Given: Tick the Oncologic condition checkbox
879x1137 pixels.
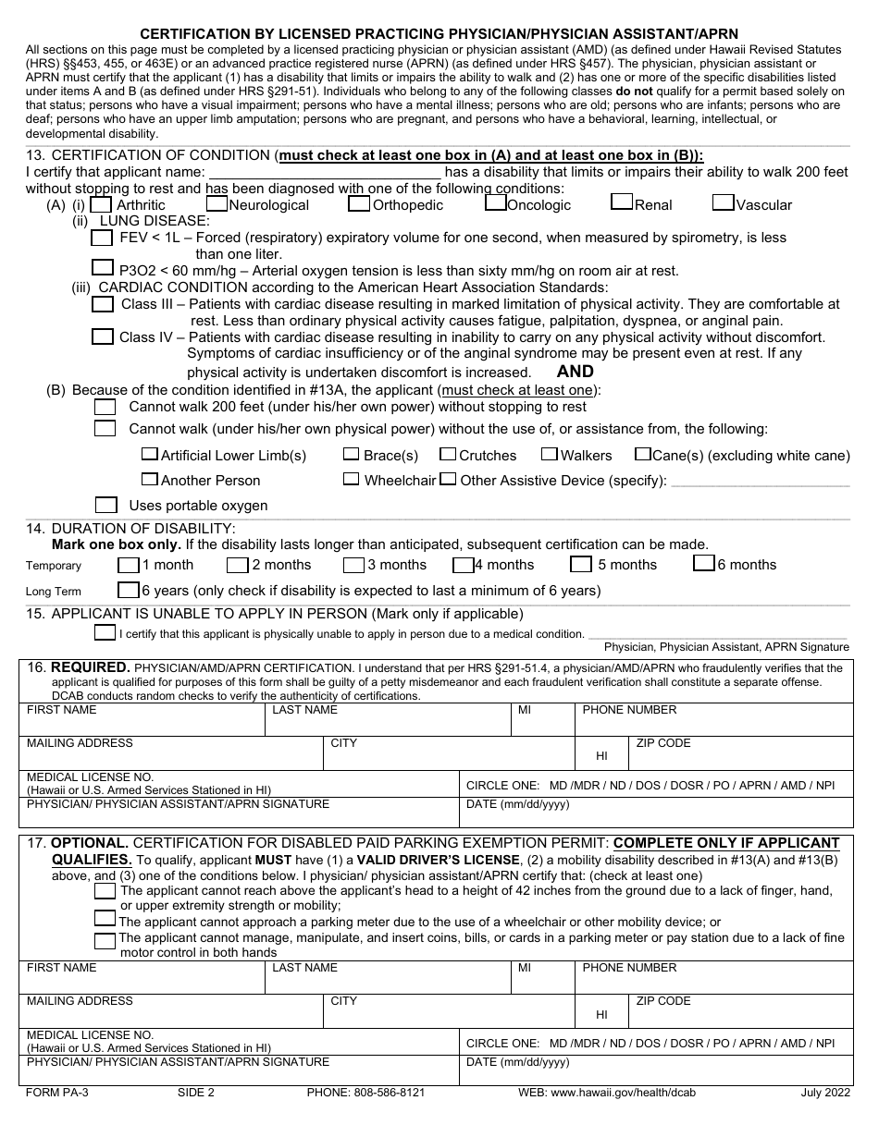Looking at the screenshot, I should click(x=496, y=202).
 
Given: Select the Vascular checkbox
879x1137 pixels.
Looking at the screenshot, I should click(x=724, y=202).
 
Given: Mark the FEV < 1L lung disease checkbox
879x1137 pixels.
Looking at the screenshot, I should click(x=104, y=238).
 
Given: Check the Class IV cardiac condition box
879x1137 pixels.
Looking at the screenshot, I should click(x=104, y=336).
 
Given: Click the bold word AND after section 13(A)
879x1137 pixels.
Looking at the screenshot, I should click(x=576, y=371).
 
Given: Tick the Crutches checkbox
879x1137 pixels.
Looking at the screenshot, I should click(x=448, y=454).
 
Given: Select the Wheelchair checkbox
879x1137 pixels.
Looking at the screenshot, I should click(x=351, y=479).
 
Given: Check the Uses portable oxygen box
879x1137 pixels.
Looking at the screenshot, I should click(x=106, y=505).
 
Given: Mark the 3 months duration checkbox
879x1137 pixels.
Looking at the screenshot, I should click(x=353, y=564).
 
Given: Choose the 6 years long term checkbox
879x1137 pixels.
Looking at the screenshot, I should click(x=128, y=589).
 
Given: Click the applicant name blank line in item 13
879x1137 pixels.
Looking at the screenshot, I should click(x=325, y=172).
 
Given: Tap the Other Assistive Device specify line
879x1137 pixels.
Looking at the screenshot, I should click(x=760, y=481).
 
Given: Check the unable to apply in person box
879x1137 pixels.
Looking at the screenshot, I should click(x=105, y=632).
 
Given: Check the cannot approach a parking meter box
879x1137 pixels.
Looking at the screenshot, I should click(x=105, y=920).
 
